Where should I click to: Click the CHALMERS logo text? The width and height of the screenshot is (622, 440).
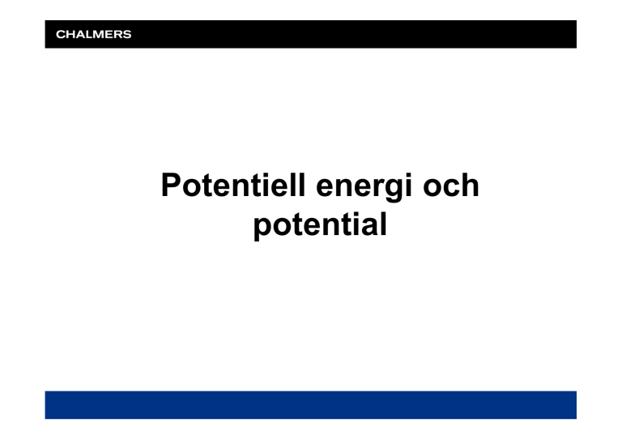[x=94, y=35]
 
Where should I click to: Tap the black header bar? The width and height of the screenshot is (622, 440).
[x=311, y=34]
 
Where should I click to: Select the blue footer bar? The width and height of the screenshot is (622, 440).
[x=311, y=404]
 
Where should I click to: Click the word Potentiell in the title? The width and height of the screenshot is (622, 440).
[x=233, y=185]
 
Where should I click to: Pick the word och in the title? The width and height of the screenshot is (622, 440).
[x=451, y=185]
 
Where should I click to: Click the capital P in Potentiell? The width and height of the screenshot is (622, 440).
[x=171, y=185]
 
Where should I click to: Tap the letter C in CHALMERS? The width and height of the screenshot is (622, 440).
[x=61, y=35]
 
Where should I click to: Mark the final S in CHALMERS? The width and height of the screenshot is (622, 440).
[x=127, y=35]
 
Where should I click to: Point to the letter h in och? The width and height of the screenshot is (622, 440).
[x=470, y=185]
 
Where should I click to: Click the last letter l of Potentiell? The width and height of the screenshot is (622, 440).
[x=301, y=185]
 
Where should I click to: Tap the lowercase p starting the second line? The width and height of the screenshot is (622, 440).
[x=263, y=229]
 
